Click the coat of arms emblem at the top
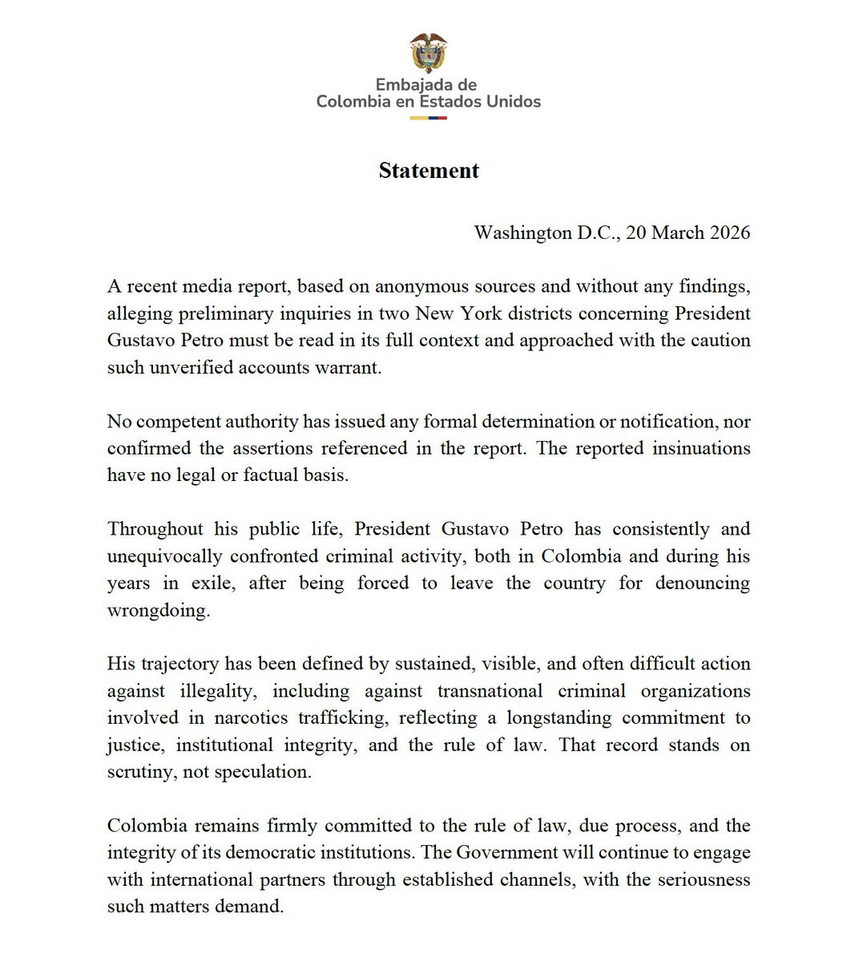(x=428, y=53)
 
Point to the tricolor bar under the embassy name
(x=428, y=118)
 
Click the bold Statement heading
(x=429, y=171)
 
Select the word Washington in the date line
(x=522, y=233)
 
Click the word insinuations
(x=701, y=448)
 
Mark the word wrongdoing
(x=159, y=610)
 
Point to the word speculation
(x=266, y=772)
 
